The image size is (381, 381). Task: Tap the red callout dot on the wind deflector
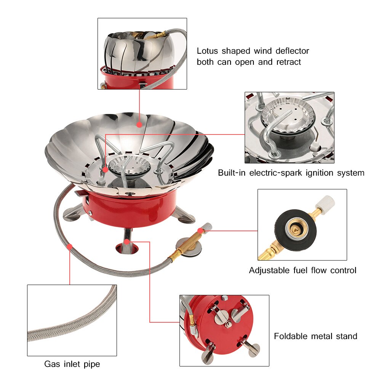139,124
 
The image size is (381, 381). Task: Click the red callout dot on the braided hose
70,247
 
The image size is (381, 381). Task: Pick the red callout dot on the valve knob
201,230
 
